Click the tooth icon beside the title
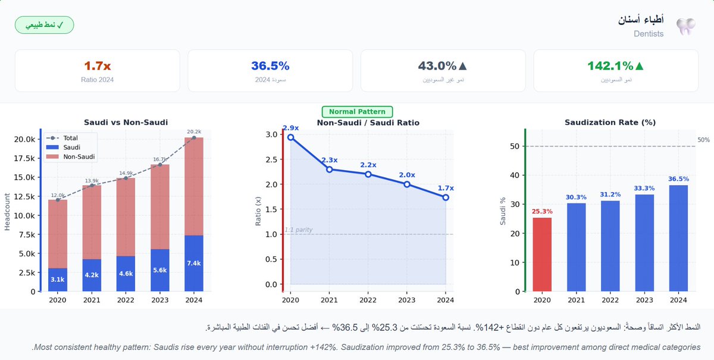coord(686,26)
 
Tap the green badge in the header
coord(44,26)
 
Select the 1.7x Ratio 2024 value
coord(97,66)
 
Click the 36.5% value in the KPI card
coord(270,66)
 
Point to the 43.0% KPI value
coord(443,66)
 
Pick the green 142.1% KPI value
coord(616,66)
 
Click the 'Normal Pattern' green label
coord(357,112)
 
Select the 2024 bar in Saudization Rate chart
coord(678,238)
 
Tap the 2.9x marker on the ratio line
coord(290,137)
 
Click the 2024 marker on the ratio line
coord(446,197)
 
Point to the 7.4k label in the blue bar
coord(194,264)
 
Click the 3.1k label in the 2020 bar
coord(58,279)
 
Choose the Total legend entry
coord(70,138)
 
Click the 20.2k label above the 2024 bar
coord(194,132)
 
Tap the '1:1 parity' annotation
coord(298,230)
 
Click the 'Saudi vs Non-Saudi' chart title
coord(126,122)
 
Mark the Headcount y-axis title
coord(8,211)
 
